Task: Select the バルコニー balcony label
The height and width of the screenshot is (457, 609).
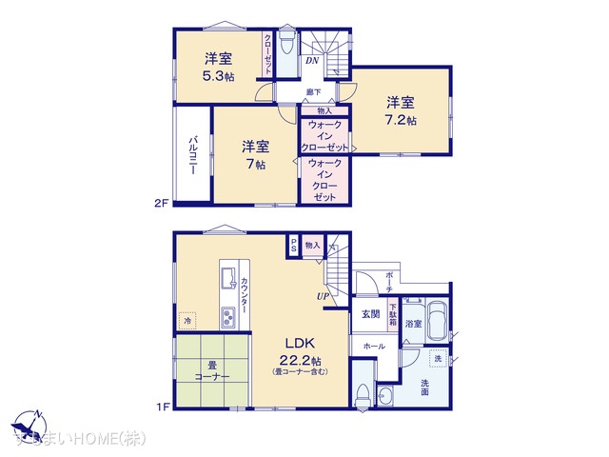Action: pyautogui.click(x=192, y=160)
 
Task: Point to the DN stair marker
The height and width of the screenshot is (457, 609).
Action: pyautogui.click(x=312, y=62)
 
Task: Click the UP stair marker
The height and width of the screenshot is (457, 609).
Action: pyautogui.click(x=324, y=296)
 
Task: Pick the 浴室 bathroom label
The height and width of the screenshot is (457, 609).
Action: pyautogui.click(x=414, y=325)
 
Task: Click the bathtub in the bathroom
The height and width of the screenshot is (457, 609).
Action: pyautogui.click(x=438, y=318)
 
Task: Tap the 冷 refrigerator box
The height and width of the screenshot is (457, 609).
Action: pyautogui.click(x=187, y=321)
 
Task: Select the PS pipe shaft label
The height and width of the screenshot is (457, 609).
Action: pyautogui.click(x=294, y=245)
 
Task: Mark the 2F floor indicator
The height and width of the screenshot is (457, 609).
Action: pyautogui.click(x=162, y=203)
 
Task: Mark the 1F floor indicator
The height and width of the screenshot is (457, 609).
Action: pyautogui.click(x=162, y=407)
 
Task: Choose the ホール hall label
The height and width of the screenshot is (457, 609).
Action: pyautogui.click(x=374, y=347)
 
